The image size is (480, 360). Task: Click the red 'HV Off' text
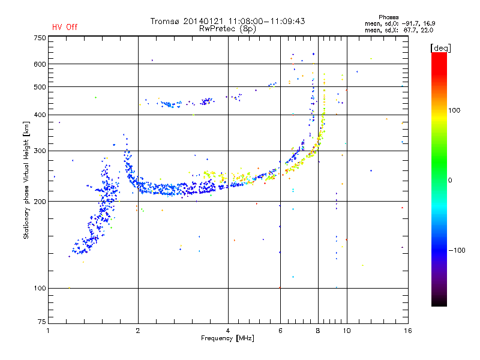click(64, 27)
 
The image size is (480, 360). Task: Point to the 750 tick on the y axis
click(39, 38)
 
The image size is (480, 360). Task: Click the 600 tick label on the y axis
click(39, 64)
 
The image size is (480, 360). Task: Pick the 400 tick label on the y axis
click(39, 115)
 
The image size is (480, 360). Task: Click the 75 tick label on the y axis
click(41, 322)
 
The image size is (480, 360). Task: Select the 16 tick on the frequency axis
click(407, 331)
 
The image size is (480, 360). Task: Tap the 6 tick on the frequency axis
click(280, 331)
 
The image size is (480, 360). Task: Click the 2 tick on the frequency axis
click(138, 331)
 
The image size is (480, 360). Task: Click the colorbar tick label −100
click(456, 250)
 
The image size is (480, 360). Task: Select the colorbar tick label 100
click(455, 110)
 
